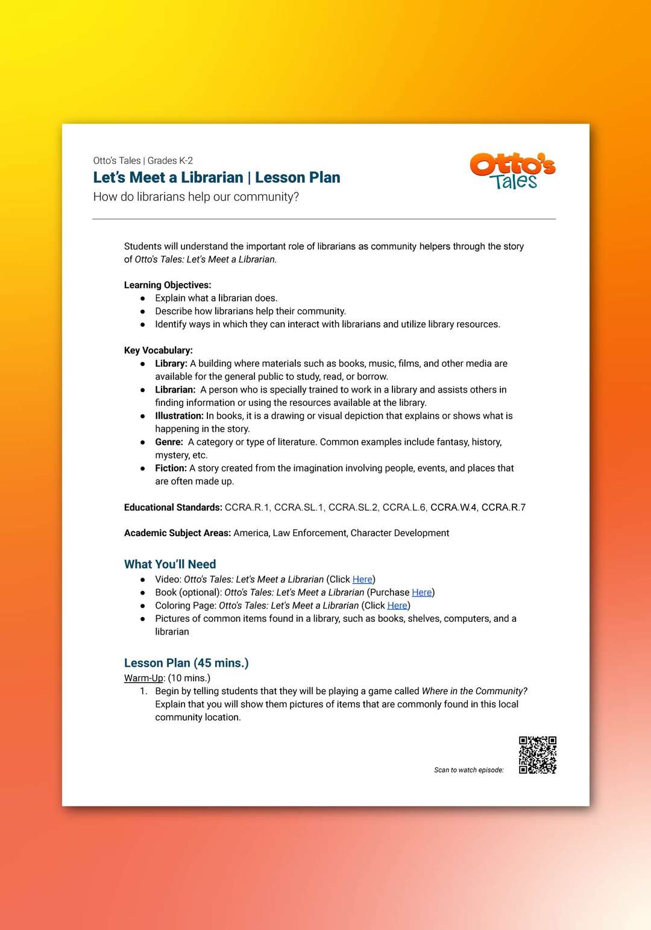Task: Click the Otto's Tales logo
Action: point(512,171)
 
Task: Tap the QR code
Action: point(538,754)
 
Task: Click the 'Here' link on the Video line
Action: point(362,579)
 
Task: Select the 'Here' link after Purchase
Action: point(421,592)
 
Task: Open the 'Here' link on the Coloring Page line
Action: point(397,606)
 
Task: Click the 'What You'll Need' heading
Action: point(170,564)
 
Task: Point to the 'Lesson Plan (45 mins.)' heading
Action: point(186,663)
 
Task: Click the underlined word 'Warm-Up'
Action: point(143,678)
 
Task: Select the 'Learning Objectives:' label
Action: point(168,285)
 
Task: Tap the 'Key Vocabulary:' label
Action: point(159,350)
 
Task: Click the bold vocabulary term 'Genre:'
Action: point(169,442)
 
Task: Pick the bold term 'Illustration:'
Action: point(179,416)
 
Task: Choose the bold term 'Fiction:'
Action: point(171,468)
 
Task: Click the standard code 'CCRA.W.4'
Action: point(453,507)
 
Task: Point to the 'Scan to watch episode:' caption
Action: point(468,770)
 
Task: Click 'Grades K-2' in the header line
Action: point(170,160)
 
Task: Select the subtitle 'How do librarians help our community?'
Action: point(196,197)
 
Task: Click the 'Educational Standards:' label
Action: point(173,507)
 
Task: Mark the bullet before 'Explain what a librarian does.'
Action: point(143,298)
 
